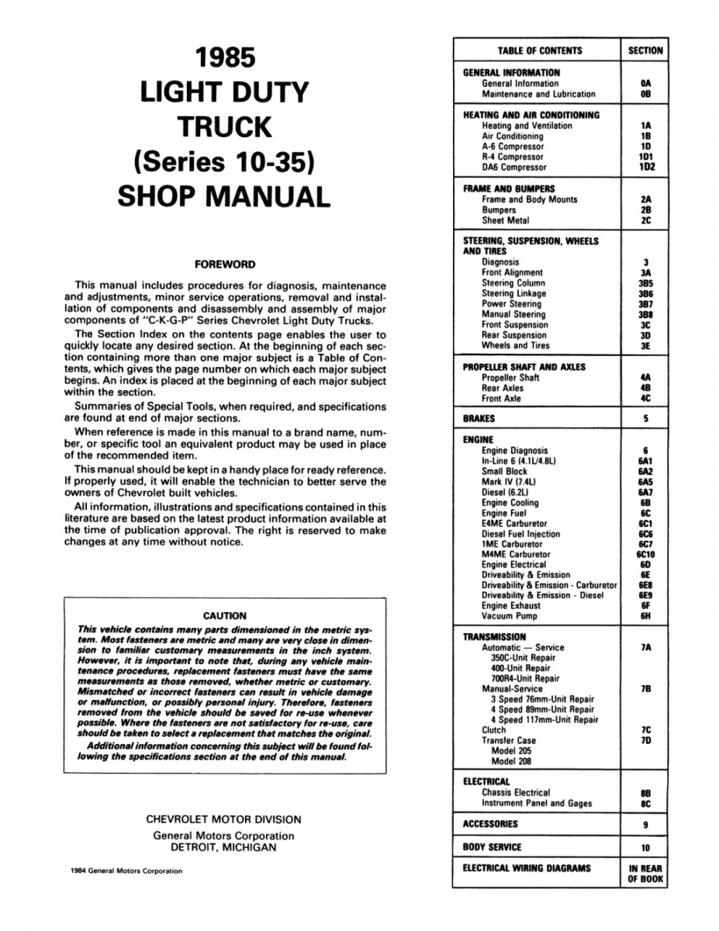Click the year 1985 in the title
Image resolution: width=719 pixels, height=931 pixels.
223,59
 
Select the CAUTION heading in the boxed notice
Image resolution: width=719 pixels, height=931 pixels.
224,616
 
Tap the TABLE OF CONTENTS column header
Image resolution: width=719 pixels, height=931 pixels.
540,51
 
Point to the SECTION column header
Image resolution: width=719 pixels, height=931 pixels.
645,51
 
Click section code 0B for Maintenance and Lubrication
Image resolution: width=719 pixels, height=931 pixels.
645,94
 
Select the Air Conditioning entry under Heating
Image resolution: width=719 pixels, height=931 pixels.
513,136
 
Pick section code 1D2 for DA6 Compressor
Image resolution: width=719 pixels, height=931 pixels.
646,167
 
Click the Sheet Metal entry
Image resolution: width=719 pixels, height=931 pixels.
506,220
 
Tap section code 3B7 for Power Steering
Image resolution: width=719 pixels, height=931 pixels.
645,304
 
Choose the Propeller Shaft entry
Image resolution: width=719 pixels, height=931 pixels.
510,378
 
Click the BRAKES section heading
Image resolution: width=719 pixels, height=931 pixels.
479,419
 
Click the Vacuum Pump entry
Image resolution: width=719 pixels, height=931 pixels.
509,617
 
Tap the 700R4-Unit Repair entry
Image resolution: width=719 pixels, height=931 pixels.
525,678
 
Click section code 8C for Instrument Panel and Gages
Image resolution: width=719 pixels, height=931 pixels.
645,803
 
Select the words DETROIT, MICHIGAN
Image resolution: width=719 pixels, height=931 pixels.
223,847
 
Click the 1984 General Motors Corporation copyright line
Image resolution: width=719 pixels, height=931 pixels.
125,870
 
